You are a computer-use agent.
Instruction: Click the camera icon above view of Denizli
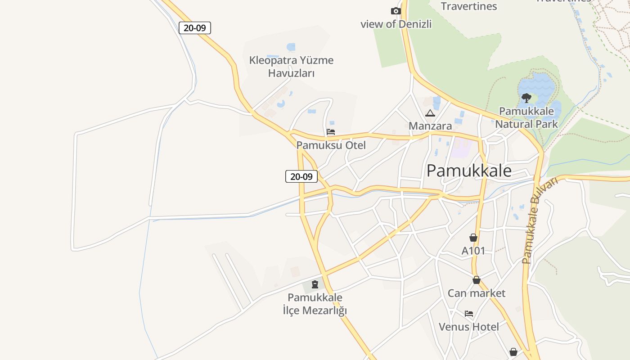coord(396,11)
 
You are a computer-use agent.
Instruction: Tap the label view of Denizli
coord(396,24)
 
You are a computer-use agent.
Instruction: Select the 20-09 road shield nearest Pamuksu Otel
coord(301,176)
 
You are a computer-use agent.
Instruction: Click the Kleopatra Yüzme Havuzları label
coord(292,67)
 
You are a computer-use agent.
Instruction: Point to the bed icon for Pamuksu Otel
coord(331,132)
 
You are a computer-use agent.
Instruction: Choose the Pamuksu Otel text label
coord(331,145)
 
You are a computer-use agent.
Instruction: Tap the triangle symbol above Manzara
coord(430,113)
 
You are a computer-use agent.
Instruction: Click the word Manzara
coord(430,126)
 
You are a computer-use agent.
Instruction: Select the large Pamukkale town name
coord(469,171)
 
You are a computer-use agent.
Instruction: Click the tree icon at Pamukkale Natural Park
coord(526,98)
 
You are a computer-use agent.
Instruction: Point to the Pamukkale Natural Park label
coord(526,117)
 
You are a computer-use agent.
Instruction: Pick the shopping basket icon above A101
coord(473,238)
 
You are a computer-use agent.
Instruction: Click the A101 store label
coord(473,251)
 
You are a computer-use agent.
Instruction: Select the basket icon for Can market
coord(477,280)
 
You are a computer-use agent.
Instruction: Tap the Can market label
coord(477,293)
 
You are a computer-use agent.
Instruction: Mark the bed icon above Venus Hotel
coord(469,314)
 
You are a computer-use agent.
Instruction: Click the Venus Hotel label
coord(469,327)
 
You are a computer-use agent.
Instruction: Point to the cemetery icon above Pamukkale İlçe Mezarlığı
coord(315,284)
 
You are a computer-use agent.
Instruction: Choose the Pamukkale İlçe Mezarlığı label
coord(315,304)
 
